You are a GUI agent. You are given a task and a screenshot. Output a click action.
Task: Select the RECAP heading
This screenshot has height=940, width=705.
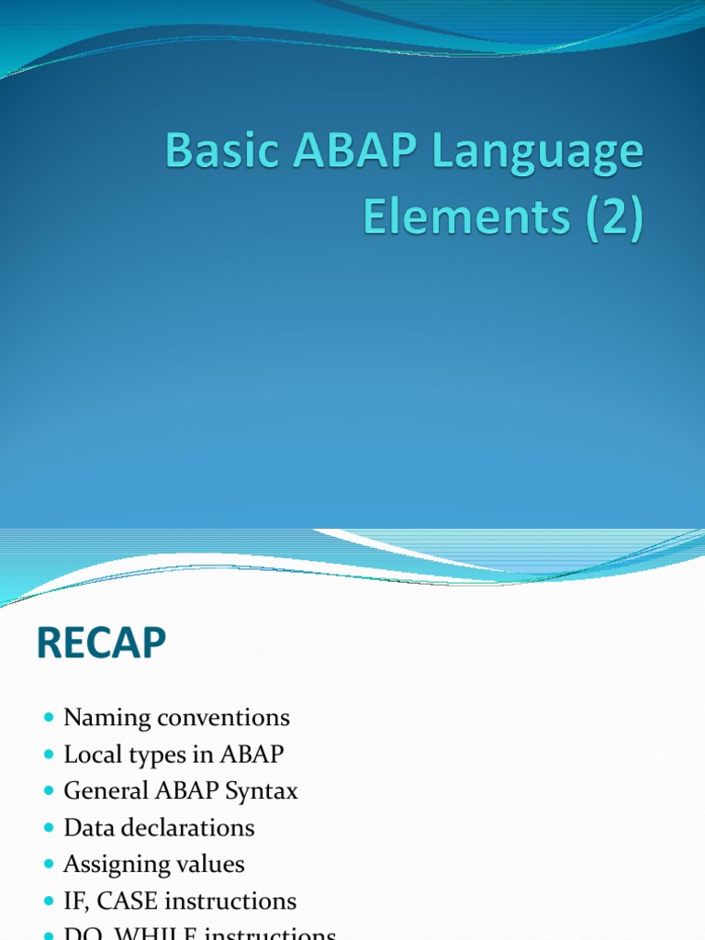(x=102, y=645)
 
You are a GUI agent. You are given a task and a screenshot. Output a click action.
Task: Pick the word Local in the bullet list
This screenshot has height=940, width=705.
(x=89, y=755)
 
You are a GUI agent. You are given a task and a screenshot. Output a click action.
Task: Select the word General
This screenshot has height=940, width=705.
(x=106, y=791)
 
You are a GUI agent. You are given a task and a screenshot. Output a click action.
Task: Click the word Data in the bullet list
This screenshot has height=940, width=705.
(x=85, y=828)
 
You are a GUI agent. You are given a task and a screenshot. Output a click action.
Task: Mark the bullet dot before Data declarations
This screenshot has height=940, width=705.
(x=50, y=828)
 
